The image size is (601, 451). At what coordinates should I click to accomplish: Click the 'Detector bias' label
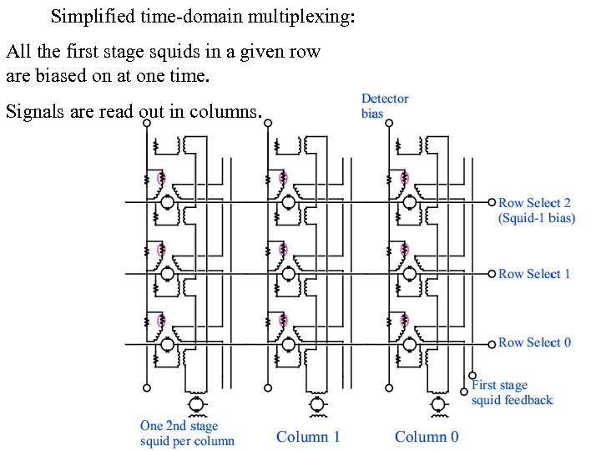[x=385, y=105]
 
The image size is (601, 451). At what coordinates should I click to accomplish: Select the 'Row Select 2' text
[x=534, y=203]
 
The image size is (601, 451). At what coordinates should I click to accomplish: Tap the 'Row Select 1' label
[x=534, y=274]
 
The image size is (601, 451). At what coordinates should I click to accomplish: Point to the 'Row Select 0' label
[x=534, y=342]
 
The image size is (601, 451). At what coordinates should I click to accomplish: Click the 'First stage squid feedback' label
[x=512, y=393]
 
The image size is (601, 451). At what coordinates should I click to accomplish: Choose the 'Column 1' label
[x=308, y=437]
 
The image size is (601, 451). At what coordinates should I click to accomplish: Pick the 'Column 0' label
[x=427, y=437]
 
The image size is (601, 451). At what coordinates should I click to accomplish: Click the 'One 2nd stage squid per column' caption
[x=187, y=433]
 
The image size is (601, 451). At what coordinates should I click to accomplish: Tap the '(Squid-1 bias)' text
[x=537, y=218]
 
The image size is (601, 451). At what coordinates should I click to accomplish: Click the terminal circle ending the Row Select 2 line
[x=492, y=202]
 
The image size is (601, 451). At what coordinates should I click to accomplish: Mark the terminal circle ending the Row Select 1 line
[x=492, y=273]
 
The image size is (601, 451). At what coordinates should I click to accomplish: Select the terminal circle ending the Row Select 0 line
[x=492, y=342]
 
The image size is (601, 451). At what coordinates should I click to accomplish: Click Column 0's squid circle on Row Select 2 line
[x=407, y=202]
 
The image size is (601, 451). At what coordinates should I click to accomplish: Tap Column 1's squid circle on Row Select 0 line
[x=288, y=343]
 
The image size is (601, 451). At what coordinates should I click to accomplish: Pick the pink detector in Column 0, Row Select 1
[x=404, y=250]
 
